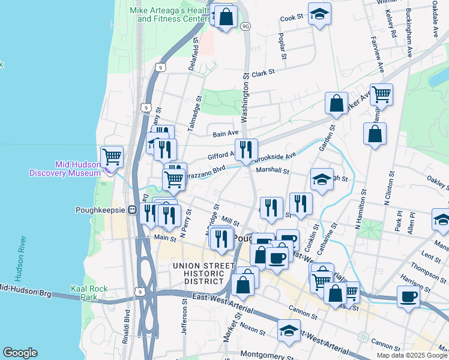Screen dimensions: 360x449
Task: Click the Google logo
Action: pos(20,353)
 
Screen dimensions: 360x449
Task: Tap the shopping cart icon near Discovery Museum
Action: pos(112,157)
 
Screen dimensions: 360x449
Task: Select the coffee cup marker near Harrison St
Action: pos(408,296)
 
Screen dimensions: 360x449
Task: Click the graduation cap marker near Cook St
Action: pos(319,14)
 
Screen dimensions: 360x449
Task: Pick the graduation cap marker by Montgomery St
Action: pos(289,331)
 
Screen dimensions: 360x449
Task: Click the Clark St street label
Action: pos(263,72)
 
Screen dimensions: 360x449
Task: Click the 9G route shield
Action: pos(245,26)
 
